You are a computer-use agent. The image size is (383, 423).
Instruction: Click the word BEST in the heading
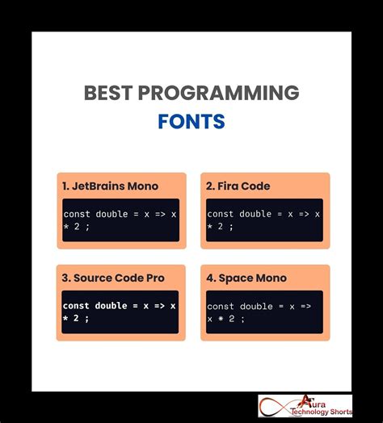click(109, 93)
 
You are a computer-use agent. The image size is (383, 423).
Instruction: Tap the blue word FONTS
click(191, 121)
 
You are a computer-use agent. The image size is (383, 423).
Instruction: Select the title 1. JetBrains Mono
click(110, 186)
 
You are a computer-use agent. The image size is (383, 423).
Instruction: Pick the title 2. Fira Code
click(238, 186)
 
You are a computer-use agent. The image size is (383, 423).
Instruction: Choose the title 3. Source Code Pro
click(113, 278)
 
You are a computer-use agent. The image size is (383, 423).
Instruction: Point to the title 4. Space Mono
click(246, 278)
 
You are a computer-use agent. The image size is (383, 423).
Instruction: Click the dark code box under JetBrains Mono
click(120, 220)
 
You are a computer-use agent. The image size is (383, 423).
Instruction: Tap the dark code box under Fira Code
click(264, 220)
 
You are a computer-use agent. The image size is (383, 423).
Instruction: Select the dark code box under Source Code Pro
click(120, 312)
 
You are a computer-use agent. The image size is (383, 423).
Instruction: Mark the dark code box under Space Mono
click(264, 312)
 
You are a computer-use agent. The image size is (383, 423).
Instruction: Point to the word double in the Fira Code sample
click(255, 214)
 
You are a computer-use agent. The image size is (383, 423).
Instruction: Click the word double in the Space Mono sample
click(255, 306)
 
